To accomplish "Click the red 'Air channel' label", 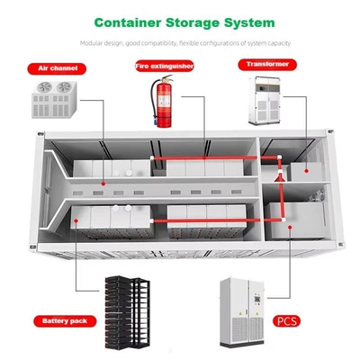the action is (x=57, y=68).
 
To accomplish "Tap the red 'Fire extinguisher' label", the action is (x=165, y=66).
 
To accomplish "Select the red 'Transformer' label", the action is (x=267, y=65).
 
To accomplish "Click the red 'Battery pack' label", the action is (x=65, y=321).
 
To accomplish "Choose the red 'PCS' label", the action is (x=286, y=321).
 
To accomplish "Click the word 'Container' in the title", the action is (x=128, y=22).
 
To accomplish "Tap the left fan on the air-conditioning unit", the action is (x=45, y=87).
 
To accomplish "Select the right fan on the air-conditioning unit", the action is (x=64, y=87).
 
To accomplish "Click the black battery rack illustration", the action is (x=127, y=312).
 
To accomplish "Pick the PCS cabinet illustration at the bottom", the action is (x=242, y=312).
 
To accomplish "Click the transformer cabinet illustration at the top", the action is (x=265, y=101).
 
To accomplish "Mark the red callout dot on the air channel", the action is (x=103, y=184).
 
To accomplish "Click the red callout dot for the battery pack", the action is (x=76, y=220).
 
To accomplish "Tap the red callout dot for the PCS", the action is (x=290, y=227).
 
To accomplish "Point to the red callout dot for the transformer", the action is (x=306, y=171).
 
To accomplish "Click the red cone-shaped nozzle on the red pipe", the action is (x=280, y=178).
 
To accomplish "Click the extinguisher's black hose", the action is (x=153, y=101).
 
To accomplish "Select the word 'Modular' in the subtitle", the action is (x=90, y=43).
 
